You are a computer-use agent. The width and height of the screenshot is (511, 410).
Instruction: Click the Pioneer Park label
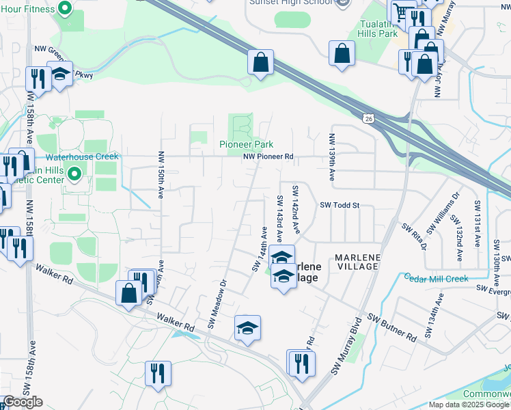pos(246,144)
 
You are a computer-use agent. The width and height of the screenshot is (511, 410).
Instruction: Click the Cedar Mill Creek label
pos(436,278)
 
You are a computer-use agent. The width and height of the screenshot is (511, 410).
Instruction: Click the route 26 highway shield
pos(369,119)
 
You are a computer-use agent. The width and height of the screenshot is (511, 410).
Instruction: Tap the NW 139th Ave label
pos(332,156)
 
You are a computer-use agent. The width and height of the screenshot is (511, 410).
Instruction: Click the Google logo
pos(23,402)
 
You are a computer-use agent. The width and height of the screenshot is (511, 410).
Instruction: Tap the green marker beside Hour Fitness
pos(66,9)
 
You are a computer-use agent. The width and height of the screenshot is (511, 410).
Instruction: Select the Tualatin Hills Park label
pos(378,28)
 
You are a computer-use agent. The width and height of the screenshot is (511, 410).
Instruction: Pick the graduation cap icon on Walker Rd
pos(248,327)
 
